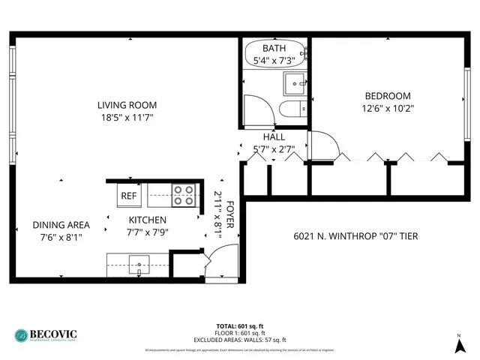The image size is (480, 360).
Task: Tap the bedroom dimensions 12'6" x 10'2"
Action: click(388, 108)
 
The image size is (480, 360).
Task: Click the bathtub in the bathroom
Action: click(274, 55)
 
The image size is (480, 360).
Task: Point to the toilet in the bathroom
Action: click(293, 109)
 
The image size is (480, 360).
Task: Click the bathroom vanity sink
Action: click(293, 82)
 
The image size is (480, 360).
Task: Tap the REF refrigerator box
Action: click(129, 196)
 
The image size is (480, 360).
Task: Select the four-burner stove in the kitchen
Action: click(183, 195)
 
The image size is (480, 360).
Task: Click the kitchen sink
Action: click(139, 264)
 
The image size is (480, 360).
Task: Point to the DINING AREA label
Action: click(61, 225)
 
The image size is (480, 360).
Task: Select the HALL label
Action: click(274, 137)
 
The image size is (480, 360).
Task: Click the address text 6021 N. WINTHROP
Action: click(355, 237)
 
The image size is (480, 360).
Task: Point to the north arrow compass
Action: click(459, 344)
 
